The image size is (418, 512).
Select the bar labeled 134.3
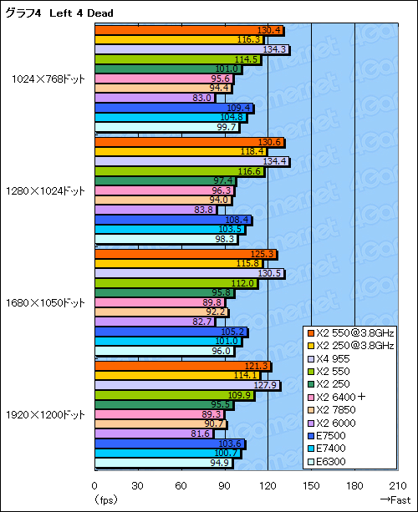[x=191, y=49]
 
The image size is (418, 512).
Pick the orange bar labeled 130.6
[x=189, y=142]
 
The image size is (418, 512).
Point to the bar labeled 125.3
[x=185, y=254]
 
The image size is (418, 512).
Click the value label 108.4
[x=238, y=220]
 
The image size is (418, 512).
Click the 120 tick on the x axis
[x=268, y=486]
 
